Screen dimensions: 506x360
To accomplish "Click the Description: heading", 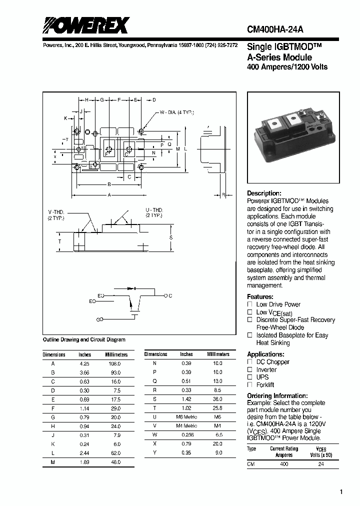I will click(x=264, y=193).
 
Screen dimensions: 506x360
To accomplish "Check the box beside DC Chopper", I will click(x=250, y=361).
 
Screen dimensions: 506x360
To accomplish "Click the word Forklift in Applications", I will click(x=265, y=385).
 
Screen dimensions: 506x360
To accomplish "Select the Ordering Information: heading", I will click(x=277, y=395).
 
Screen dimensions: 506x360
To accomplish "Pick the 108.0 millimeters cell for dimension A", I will click(x=115, y=363).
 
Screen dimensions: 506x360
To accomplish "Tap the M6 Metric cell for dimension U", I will click(x=187, y=416).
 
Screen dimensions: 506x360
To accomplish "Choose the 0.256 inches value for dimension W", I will click(x=186, y=434).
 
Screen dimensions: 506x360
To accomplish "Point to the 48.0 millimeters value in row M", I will click(x=115, y=462).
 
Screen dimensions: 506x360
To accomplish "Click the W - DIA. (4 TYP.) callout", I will click(x=177, y=112).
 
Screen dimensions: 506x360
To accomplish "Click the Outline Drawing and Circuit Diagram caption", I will click(x=84, y=339).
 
